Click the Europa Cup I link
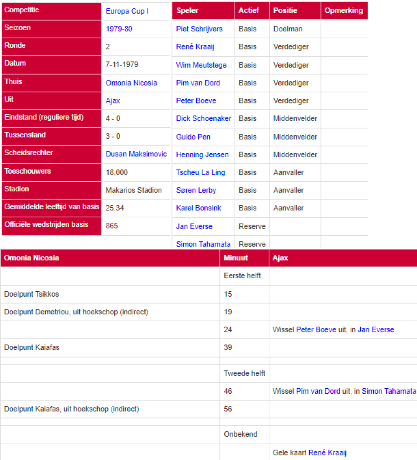[x=127, y=11]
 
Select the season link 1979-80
[x=119, y=29]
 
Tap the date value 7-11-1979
[x=122, y=64]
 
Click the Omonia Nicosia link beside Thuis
[x=131, y=83]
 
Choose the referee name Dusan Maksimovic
[x=136, y=154]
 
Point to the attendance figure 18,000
[x=117, y=172]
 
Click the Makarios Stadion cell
[x=133, y=190]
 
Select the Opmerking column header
[x=343, y=11]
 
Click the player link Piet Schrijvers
[x=199, y=29]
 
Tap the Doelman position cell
[x=288, y=29]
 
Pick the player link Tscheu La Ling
[x=200, y=172]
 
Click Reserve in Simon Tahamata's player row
[x=252, y=244]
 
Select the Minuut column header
[x=236, y=258]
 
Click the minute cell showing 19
[x=228, y=312]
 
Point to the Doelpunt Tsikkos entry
[x=31, y=294]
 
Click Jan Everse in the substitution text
[x=376, y=330]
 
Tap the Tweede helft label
[x=244, y=373]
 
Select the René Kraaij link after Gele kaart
[x=327, y=453]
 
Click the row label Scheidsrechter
[x=29, y=153]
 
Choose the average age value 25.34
[x=115, y=208]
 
